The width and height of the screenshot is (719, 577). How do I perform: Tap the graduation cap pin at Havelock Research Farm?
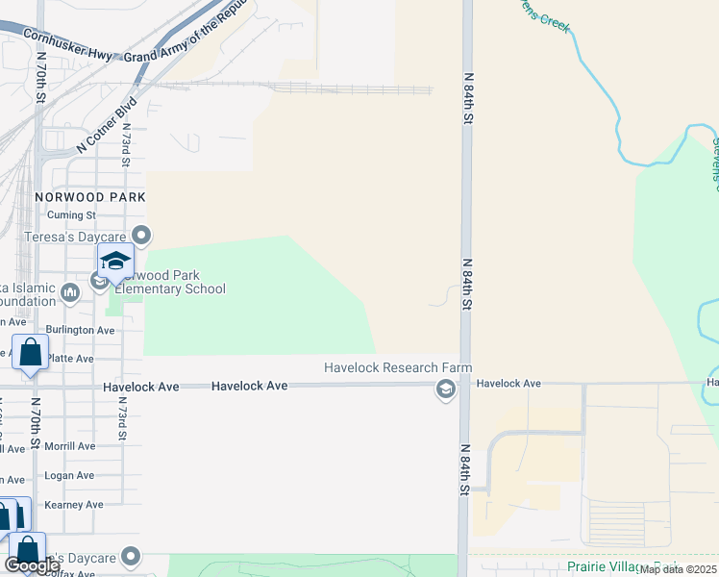tap(445, 389)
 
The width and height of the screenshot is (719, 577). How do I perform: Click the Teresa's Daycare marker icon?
tap(142, 235)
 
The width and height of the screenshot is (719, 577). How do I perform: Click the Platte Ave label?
tap(71, 359)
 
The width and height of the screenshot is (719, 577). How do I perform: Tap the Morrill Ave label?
tap(71, 446)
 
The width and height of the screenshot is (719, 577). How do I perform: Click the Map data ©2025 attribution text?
tap(678, 569)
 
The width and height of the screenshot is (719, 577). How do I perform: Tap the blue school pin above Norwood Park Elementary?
tap(115, 262)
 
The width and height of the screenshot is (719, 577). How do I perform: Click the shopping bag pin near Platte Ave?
tap(30, 353)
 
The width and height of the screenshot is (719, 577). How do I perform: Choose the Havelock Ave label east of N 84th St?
tap(508, 384)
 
